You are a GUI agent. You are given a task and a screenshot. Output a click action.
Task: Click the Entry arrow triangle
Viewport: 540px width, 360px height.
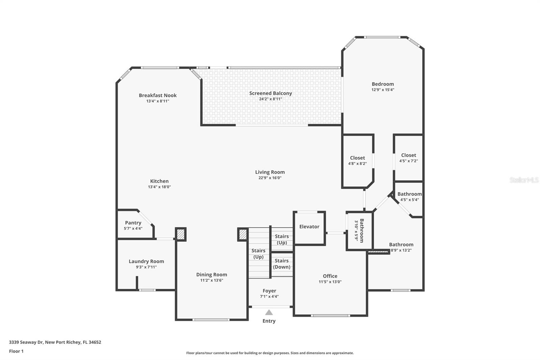click(x=269, y=312)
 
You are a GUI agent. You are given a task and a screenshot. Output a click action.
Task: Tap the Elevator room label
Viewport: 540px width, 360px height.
click(x=309, y=227)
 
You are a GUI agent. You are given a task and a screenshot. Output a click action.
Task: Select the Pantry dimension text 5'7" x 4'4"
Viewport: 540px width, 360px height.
click(x=133, y=229)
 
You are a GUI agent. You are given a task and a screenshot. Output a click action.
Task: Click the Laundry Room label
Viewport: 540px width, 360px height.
click(x=146, y=261)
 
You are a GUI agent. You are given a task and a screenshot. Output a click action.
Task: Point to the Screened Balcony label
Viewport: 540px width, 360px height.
click(x=270, y=93)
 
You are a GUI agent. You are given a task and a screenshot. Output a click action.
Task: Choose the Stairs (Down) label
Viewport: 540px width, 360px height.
click(x=281, y=264)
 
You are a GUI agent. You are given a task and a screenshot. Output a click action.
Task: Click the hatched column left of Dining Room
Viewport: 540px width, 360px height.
click(x=181, y=234)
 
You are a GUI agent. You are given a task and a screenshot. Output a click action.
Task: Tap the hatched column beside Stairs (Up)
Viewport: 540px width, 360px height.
click(x=243, y=234)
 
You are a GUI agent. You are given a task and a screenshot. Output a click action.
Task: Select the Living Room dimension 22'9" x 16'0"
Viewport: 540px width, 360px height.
click(x=270, y=178)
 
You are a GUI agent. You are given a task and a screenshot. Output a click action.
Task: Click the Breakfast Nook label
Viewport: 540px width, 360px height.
click(x=158, y=95)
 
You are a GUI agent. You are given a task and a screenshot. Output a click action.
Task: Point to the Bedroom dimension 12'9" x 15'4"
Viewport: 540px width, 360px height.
click(x=383, y=90)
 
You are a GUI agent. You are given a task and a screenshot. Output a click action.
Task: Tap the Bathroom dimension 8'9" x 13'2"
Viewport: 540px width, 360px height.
click(x=401, y=250)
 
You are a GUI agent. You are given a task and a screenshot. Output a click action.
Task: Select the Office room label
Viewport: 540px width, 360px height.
click(x=330, y=276)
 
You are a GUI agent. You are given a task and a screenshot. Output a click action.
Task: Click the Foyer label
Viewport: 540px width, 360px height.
click(x=269, y=291)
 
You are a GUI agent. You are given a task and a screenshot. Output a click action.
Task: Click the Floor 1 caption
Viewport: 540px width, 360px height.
click(x=16, y=351)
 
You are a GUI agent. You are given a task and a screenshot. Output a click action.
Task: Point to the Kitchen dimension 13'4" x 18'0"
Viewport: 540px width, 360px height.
click(x=159, y=187)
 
